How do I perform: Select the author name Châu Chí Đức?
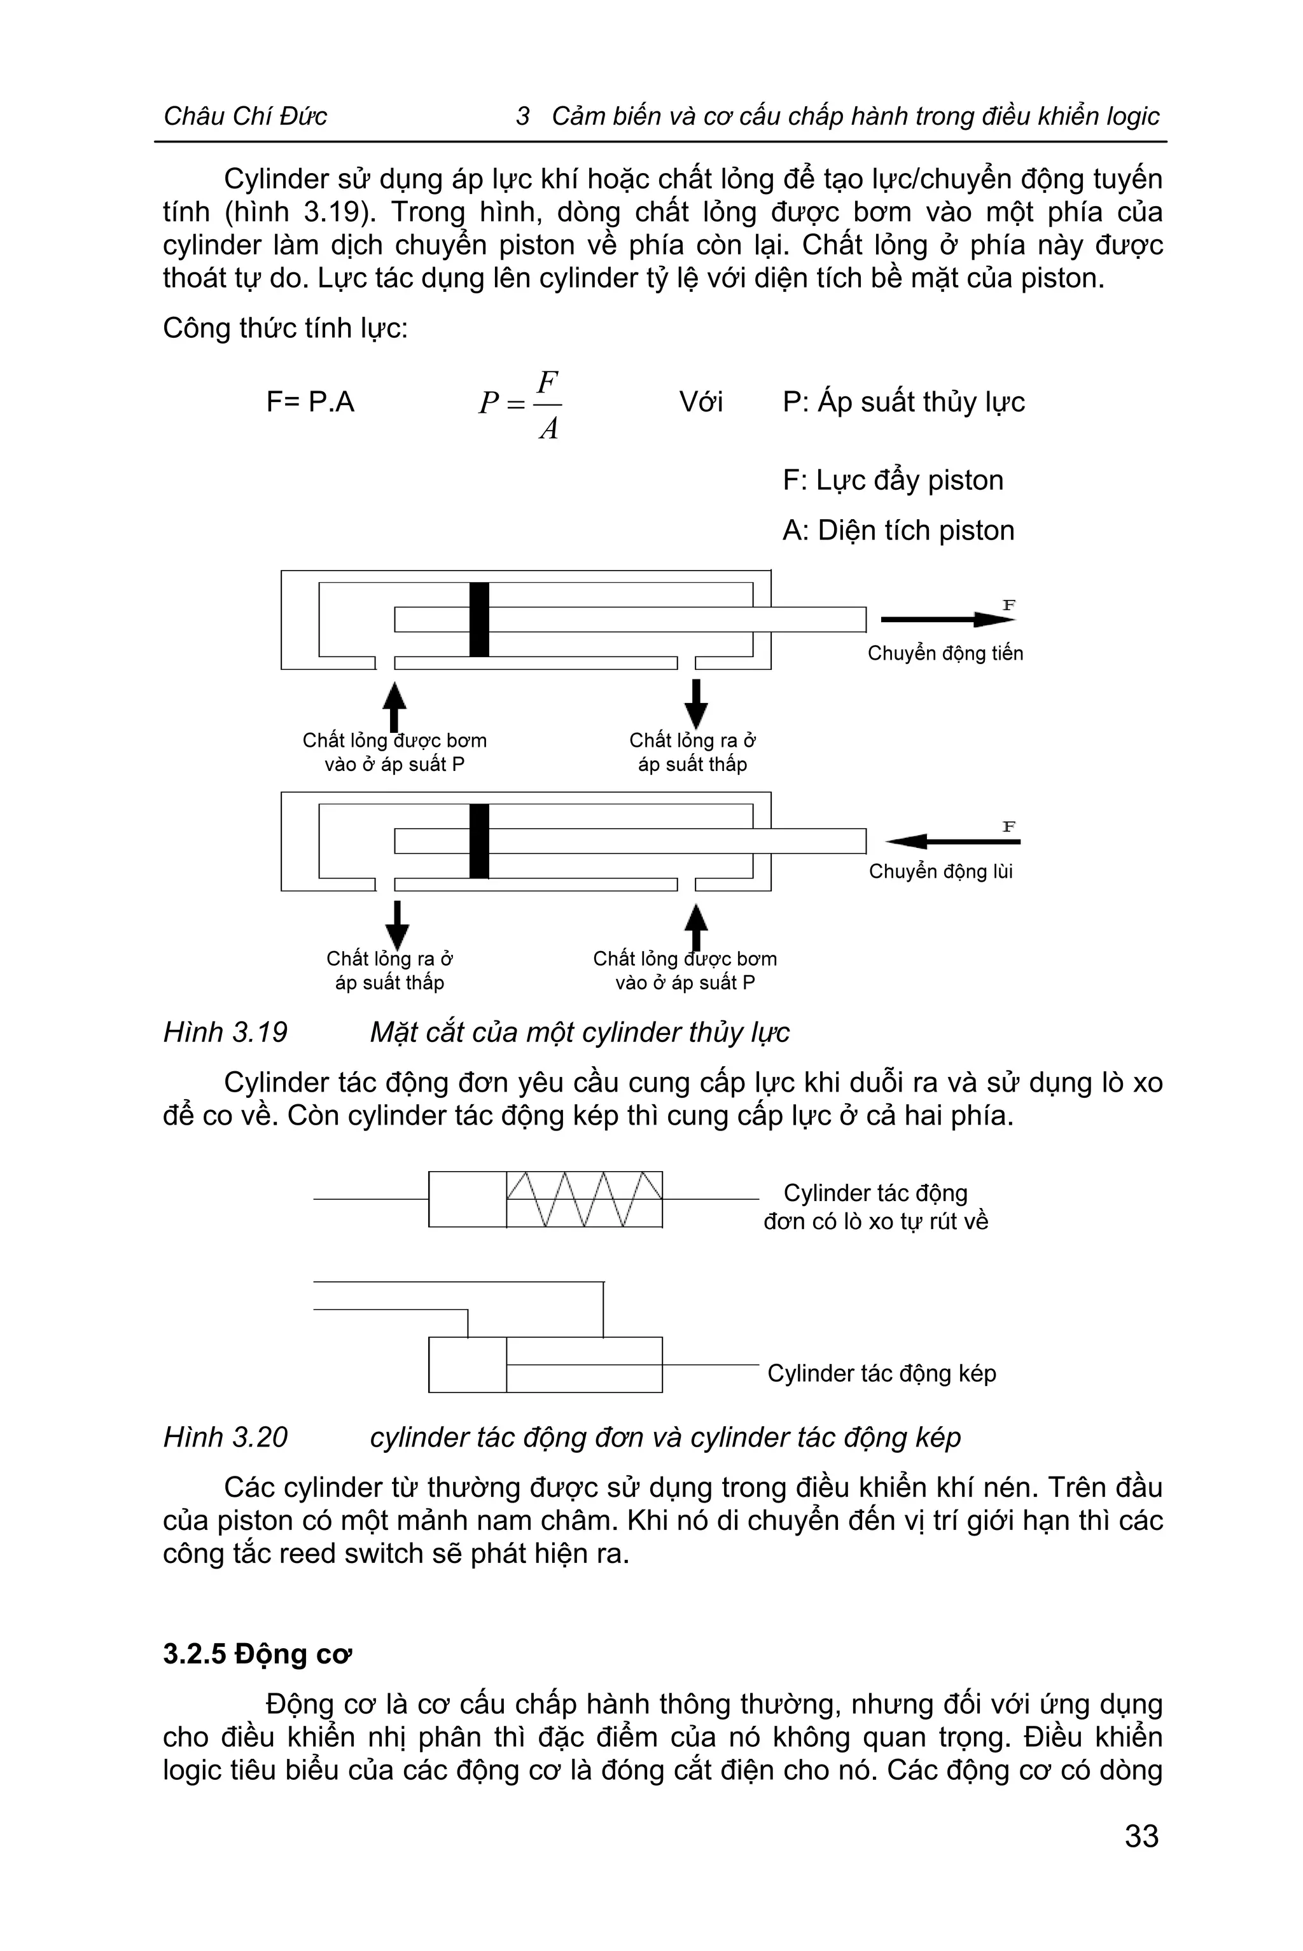click(x=245, y=116)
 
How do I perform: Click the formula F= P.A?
click(x=310, y=402)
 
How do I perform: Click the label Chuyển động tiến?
click(x=945, y=653)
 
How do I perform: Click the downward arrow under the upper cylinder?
click(x=695, y=703)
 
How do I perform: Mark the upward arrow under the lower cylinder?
click(x=695, y=925)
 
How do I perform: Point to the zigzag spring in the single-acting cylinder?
click(x=584, y=1199)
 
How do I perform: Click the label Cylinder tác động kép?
click(x=881, y=1373)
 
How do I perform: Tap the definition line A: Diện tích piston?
click(x=898, y=530)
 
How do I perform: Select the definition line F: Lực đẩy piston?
click(x=893, y=480)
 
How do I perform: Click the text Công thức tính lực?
click(x=285, y=328)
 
